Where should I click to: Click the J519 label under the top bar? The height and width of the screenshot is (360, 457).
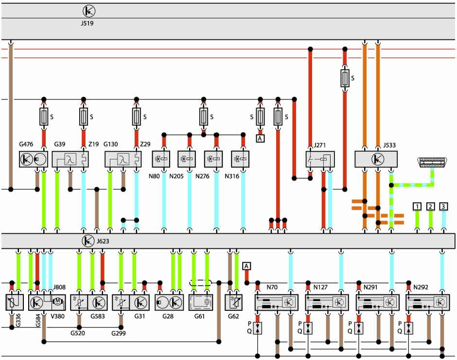click(87, 23)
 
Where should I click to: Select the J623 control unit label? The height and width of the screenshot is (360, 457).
click(103, 241)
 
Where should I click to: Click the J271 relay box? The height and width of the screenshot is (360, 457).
click(320, 159)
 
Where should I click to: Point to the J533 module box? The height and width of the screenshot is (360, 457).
click(376, 159)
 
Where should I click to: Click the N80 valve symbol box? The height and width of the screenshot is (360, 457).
click(161, 159)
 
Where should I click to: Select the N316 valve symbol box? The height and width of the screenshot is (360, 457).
click(240, 159)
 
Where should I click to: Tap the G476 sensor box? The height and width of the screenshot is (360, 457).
click(33, 159)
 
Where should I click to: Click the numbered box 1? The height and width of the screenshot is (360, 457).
click(417, 206)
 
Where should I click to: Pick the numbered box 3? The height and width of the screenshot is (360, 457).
click(443, 206)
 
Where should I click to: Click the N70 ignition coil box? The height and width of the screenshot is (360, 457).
click(276, 302)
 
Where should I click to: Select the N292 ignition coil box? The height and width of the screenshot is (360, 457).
click(427, 302)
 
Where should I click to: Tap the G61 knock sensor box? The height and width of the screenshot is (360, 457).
click(200, 302)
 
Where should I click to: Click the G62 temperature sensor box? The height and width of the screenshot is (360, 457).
click(233, 302)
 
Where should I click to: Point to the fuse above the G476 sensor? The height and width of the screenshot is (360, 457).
click(44, 117)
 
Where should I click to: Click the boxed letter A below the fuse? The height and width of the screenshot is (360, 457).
click(260, 138)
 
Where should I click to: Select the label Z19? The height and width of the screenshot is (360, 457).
click(93, 144)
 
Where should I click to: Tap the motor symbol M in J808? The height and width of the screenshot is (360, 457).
click(57, 301)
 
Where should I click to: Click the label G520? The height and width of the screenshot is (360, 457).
click(77, 333)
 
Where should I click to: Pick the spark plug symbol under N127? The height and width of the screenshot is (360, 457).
click(308, 328)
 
